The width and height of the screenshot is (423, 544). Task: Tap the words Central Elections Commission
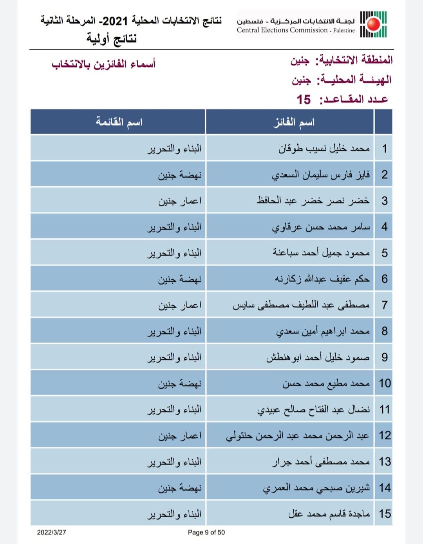pos(282,30)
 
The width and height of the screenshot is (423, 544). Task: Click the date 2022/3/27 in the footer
pos(51,532)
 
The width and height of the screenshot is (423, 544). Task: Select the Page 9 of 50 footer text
pos(206,532)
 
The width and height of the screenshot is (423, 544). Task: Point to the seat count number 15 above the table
pos(304,100)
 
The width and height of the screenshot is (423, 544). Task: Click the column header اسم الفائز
pos(294,122)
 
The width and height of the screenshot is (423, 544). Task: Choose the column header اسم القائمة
pos(119,122)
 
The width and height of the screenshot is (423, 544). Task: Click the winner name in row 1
pos(324,149)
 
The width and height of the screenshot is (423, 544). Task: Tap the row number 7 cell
pos(384,305)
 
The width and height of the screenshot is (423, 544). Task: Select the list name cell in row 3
pos(180,201)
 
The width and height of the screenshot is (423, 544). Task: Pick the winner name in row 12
pos(298,436)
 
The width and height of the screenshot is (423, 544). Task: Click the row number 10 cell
pos(384,383)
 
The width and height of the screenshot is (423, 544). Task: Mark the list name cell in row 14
pos(180,488)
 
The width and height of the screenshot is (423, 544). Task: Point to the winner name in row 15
pos(329,514)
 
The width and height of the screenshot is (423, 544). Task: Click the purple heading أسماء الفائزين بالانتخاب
pos(104,64)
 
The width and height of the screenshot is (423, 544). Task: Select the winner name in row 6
pos(322,279)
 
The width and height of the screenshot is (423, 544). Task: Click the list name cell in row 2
pos(180,175)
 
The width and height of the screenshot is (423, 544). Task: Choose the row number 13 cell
pos(384,462)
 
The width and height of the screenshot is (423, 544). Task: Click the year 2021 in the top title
pos(115,20)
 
